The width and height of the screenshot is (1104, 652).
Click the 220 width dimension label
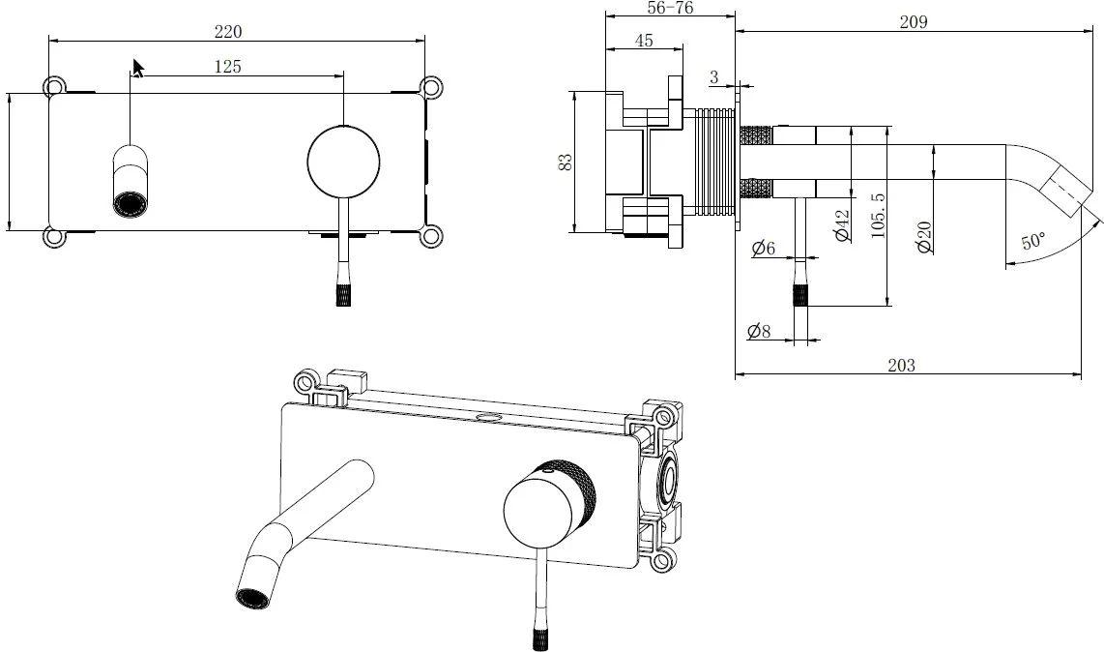(227, 31)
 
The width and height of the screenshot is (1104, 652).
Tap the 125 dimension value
(227, 66)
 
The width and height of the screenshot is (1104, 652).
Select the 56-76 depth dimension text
(668, 8)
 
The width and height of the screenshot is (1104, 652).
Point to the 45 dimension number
(644, 41)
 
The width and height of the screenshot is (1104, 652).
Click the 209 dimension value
(912, 21)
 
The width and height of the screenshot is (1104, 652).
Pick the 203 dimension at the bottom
(900, 365)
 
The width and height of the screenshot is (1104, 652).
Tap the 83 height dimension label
(566, 162)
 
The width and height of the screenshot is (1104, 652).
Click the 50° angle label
(1031, 241)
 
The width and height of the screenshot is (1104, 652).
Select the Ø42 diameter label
(841, 224)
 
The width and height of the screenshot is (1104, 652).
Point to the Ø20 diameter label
(924, 235)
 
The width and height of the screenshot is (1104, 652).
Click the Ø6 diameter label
(763, 249)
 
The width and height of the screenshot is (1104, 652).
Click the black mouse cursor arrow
(138, 68)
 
